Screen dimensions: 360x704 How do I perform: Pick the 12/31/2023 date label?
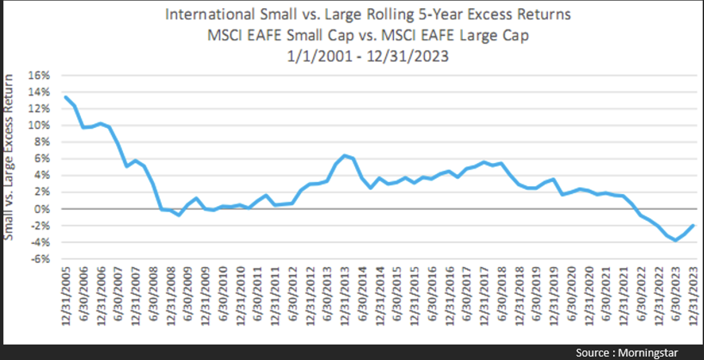tap(694, 296)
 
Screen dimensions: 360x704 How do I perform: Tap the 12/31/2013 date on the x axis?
tap(345, 296)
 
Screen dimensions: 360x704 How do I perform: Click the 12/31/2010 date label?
tap(240, 296)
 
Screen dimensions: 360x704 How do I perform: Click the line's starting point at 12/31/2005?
tap(66, 97)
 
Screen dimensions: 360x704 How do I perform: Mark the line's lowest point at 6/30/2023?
tap(676, 240)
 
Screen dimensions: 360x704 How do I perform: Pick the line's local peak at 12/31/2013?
tap(345, 155)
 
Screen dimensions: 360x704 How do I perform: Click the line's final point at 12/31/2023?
tap(694, 225)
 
